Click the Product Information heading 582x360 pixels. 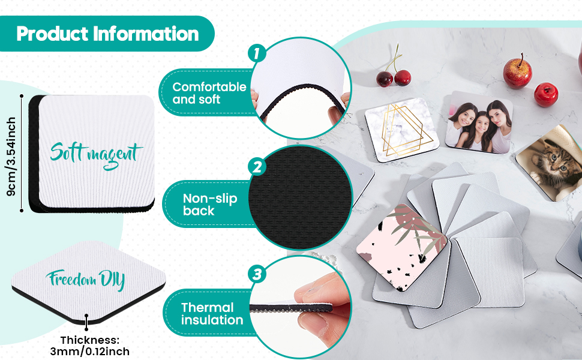click(107, 34)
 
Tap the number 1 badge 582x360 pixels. click(257, 53)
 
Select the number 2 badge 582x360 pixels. click(257, 167)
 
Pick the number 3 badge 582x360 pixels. click(257, 275)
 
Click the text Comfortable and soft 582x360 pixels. click(209, 93)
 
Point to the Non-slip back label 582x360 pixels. click(210, 204)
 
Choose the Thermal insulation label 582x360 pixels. click(212, 314)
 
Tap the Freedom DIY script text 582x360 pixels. click(85, 280)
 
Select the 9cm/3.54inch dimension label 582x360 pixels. click(11, 156)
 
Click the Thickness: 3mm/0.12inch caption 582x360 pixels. click(90, 346)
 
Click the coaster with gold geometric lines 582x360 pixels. click(402, 129)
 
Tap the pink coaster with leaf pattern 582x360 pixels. click(401, 247)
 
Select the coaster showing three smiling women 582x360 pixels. click(479, 122)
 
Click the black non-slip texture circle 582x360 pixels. click(300, 198)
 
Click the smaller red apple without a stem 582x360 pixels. click(546, 95)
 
